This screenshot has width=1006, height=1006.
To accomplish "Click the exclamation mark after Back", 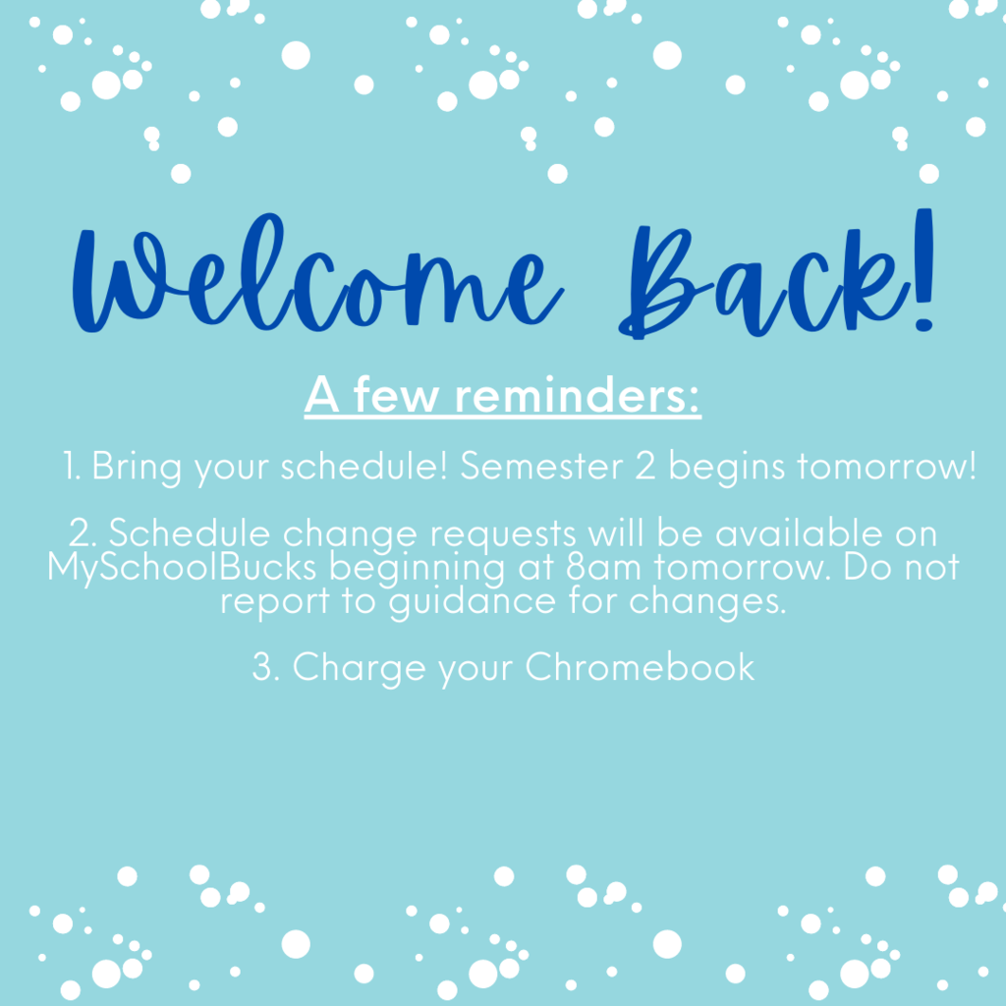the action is click(924, 270).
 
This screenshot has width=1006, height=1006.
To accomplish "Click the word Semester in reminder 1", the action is click(542, 466).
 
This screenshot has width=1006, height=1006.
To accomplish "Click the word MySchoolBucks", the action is click(182, 569).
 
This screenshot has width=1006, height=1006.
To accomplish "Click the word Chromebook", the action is click(640, 667).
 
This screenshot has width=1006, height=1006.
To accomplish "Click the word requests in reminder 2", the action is click(503, 535).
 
